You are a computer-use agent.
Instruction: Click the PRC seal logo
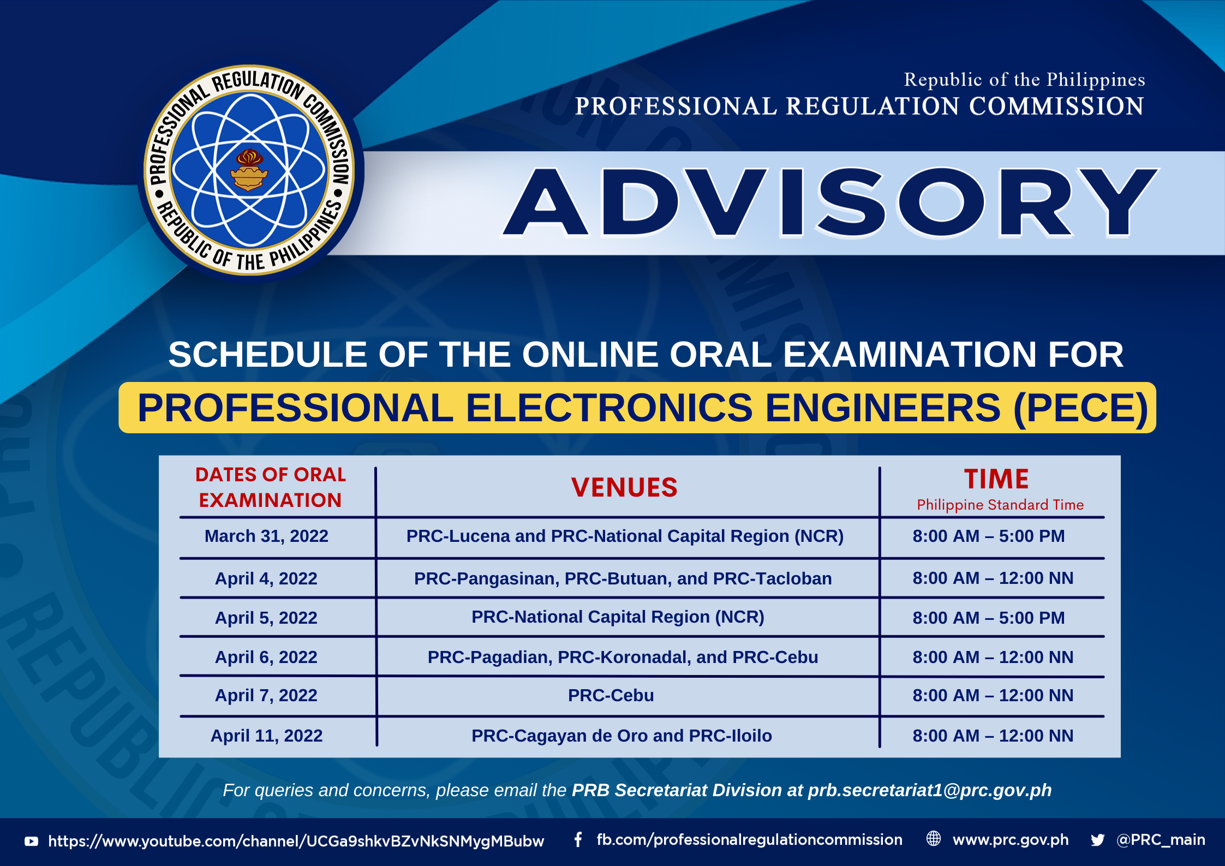coord(249,170)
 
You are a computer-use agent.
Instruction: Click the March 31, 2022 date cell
coord(266,536)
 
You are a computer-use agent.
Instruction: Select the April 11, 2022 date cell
coord(266,736)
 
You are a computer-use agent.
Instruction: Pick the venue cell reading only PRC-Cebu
coord(611,695)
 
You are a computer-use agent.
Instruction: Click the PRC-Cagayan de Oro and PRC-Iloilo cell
coord(622,736)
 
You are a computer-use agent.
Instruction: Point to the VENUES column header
coord(624,487)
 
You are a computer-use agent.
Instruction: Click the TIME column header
coord(996,479)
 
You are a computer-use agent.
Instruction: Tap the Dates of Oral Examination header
coord(271,487)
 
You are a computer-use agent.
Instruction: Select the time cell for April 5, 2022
coord(989,618)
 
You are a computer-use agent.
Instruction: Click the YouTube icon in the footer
coord(32,841)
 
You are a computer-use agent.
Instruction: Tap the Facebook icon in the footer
coord(578,840)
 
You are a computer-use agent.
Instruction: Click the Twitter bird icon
coord(1098,840)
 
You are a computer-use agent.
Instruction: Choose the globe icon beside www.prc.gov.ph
coord(934,839)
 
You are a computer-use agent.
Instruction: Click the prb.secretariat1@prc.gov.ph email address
coord(930,790)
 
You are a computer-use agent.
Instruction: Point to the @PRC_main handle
coord(1161,840)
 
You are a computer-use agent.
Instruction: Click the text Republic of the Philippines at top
coord(1024,80)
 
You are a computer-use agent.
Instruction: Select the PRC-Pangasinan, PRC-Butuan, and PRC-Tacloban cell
coord(623,578)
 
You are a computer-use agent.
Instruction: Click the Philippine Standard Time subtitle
coord(1000,505)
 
